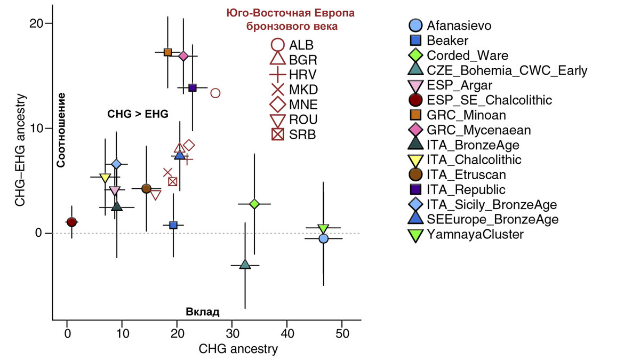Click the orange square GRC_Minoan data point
167,52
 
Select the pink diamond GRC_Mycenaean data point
183,56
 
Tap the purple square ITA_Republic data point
193,87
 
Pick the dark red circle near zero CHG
71,222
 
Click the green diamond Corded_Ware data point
254,204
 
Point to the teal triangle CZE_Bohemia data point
245,265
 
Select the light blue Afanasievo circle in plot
323,238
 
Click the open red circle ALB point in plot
215,93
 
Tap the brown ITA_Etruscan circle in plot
146,188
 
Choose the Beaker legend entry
447,41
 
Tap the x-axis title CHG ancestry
238,349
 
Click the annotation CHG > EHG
138,114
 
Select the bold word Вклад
203,312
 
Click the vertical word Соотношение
61,130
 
